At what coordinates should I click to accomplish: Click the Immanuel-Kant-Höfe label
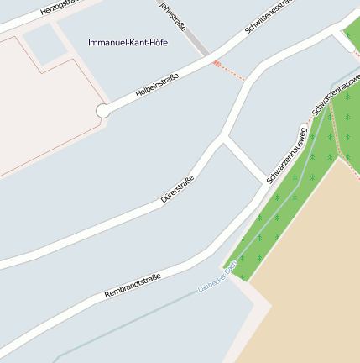click(128, 42)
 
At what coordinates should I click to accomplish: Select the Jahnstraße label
click(173, 14)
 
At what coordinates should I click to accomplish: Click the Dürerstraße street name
click(178, 190)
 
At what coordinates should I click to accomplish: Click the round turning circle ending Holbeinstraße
click(102, 111)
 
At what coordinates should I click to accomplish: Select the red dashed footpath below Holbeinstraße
click(230, 71)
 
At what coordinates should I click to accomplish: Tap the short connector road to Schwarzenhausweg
click(245, 160)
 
